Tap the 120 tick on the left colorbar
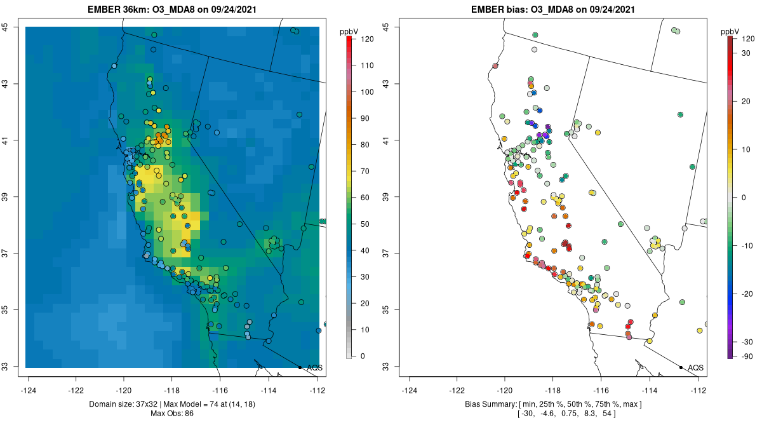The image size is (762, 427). (x=367, y=39)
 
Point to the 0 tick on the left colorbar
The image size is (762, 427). (x=363, y=356)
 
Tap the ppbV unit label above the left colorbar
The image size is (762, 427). (x=350, y=31)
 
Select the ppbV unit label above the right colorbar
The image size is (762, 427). (x=730, y=31)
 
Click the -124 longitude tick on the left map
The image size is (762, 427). (x=29, y=390)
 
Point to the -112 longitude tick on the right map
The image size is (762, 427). (x=698, y=390)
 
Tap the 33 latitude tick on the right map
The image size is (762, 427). (x=386, y=367)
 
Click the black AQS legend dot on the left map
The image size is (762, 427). (x=300, y=367)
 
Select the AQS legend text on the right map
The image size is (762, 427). (x=695, y=368)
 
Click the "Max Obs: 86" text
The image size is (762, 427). (x=173, y=414)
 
